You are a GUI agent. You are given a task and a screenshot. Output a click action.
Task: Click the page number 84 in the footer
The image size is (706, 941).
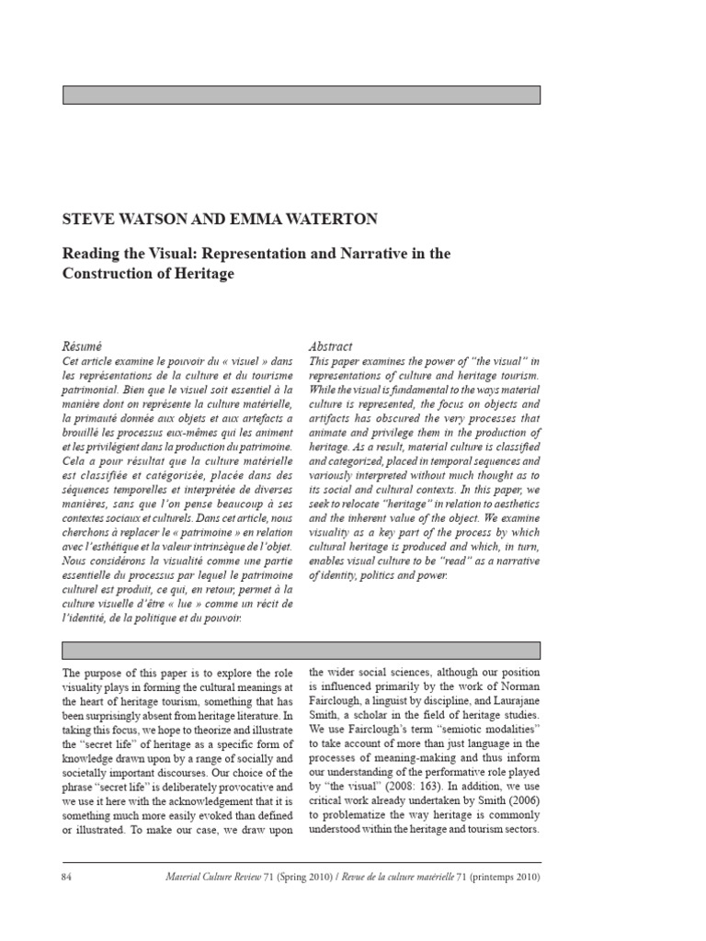67,877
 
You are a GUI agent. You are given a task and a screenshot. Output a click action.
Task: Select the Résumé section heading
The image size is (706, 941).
80,346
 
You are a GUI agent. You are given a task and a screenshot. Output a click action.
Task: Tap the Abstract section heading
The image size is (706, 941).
330,346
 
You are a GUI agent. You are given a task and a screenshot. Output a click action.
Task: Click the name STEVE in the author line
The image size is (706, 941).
85,221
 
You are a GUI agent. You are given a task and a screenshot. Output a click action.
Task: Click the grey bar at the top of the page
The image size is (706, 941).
301,95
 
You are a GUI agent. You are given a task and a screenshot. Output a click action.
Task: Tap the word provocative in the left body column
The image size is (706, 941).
250,789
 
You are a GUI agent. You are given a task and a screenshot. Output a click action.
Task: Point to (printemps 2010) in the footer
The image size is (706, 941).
504,877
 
